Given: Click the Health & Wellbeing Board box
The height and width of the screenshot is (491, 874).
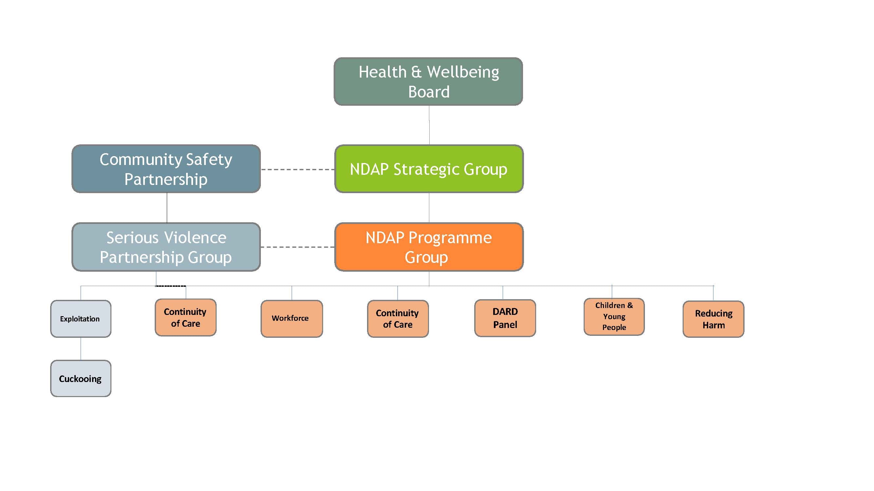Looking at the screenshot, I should point(428,81).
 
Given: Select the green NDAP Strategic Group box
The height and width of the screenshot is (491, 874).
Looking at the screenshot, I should point(429,169).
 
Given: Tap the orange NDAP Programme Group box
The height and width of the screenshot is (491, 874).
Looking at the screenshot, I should point(429,247).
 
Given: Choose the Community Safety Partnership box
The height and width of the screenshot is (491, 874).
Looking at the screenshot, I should point(166,169).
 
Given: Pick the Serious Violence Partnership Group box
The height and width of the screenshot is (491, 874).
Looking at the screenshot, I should point(166,247).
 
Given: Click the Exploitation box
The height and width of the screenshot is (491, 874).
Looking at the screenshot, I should point(80,318).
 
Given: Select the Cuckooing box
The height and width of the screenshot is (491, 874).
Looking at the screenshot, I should point(80,378).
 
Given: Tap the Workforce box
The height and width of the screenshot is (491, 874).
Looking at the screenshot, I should point(291,318).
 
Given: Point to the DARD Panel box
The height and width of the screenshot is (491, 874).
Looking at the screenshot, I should point(505,318).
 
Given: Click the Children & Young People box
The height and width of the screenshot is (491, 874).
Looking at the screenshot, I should point(614,317).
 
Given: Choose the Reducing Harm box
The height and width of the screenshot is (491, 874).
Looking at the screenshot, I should point(713,319).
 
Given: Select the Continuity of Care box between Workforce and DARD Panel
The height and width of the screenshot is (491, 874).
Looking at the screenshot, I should point(398,318).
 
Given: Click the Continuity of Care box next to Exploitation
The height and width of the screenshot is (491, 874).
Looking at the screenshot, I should point(185,317).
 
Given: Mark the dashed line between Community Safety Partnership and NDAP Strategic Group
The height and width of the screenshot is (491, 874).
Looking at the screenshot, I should point(298,169).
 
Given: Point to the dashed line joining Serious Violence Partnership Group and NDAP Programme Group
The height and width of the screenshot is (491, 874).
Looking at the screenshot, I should point(298,247).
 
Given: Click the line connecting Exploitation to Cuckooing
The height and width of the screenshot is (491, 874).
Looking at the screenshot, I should point(81,348).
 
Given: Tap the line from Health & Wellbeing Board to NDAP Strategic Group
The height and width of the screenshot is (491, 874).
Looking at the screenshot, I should point(429,125).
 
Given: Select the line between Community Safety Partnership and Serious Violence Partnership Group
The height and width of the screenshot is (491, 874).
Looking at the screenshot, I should point(167,208).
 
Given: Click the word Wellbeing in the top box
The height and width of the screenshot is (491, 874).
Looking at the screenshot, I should point(463,72).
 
